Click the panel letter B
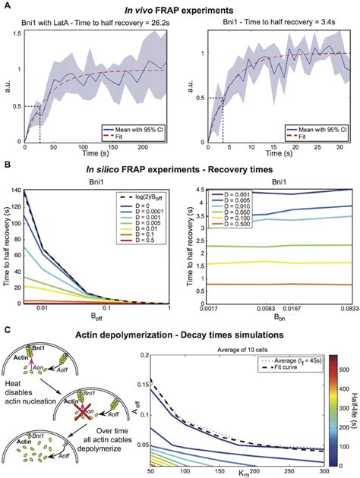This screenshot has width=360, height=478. pos(6,163)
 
